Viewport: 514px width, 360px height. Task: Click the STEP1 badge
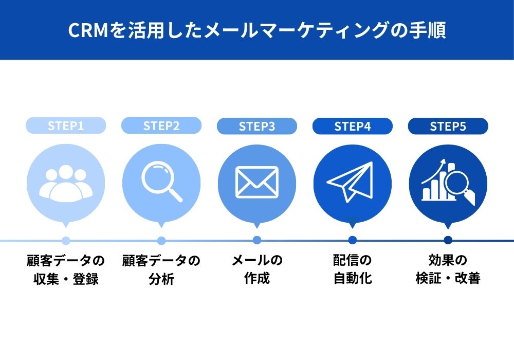pos(66,125)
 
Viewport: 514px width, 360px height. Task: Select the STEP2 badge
pos(161,125)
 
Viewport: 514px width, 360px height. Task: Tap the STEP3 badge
pos(257,126)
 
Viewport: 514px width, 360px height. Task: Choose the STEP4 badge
pos(353,126)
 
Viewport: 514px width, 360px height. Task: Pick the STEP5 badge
pos(448,126)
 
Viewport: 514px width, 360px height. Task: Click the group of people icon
pos(66,183)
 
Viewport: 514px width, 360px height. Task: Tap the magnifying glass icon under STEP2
pos(161,181)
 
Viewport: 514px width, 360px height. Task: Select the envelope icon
pos(257,182)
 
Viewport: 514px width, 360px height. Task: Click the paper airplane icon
pos(350,182)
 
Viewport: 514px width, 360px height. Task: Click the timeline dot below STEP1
pos(66,241)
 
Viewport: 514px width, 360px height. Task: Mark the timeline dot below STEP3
pos(257,240)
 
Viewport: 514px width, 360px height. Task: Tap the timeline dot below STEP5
pos(448,240)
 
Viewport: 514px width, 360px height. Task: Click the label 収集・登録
pos(66,279)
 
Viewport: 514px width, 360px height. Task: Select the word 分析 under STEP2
pos(161,279)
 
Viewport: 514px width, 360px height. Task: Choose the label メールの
pos(257,260)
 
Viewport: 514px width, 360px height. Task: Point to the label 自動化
pos(353,278)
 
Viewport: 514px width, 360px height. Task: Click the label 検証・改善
pos(448,278)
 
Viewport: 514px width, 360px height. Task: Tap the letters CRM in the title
pos(88,30)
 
